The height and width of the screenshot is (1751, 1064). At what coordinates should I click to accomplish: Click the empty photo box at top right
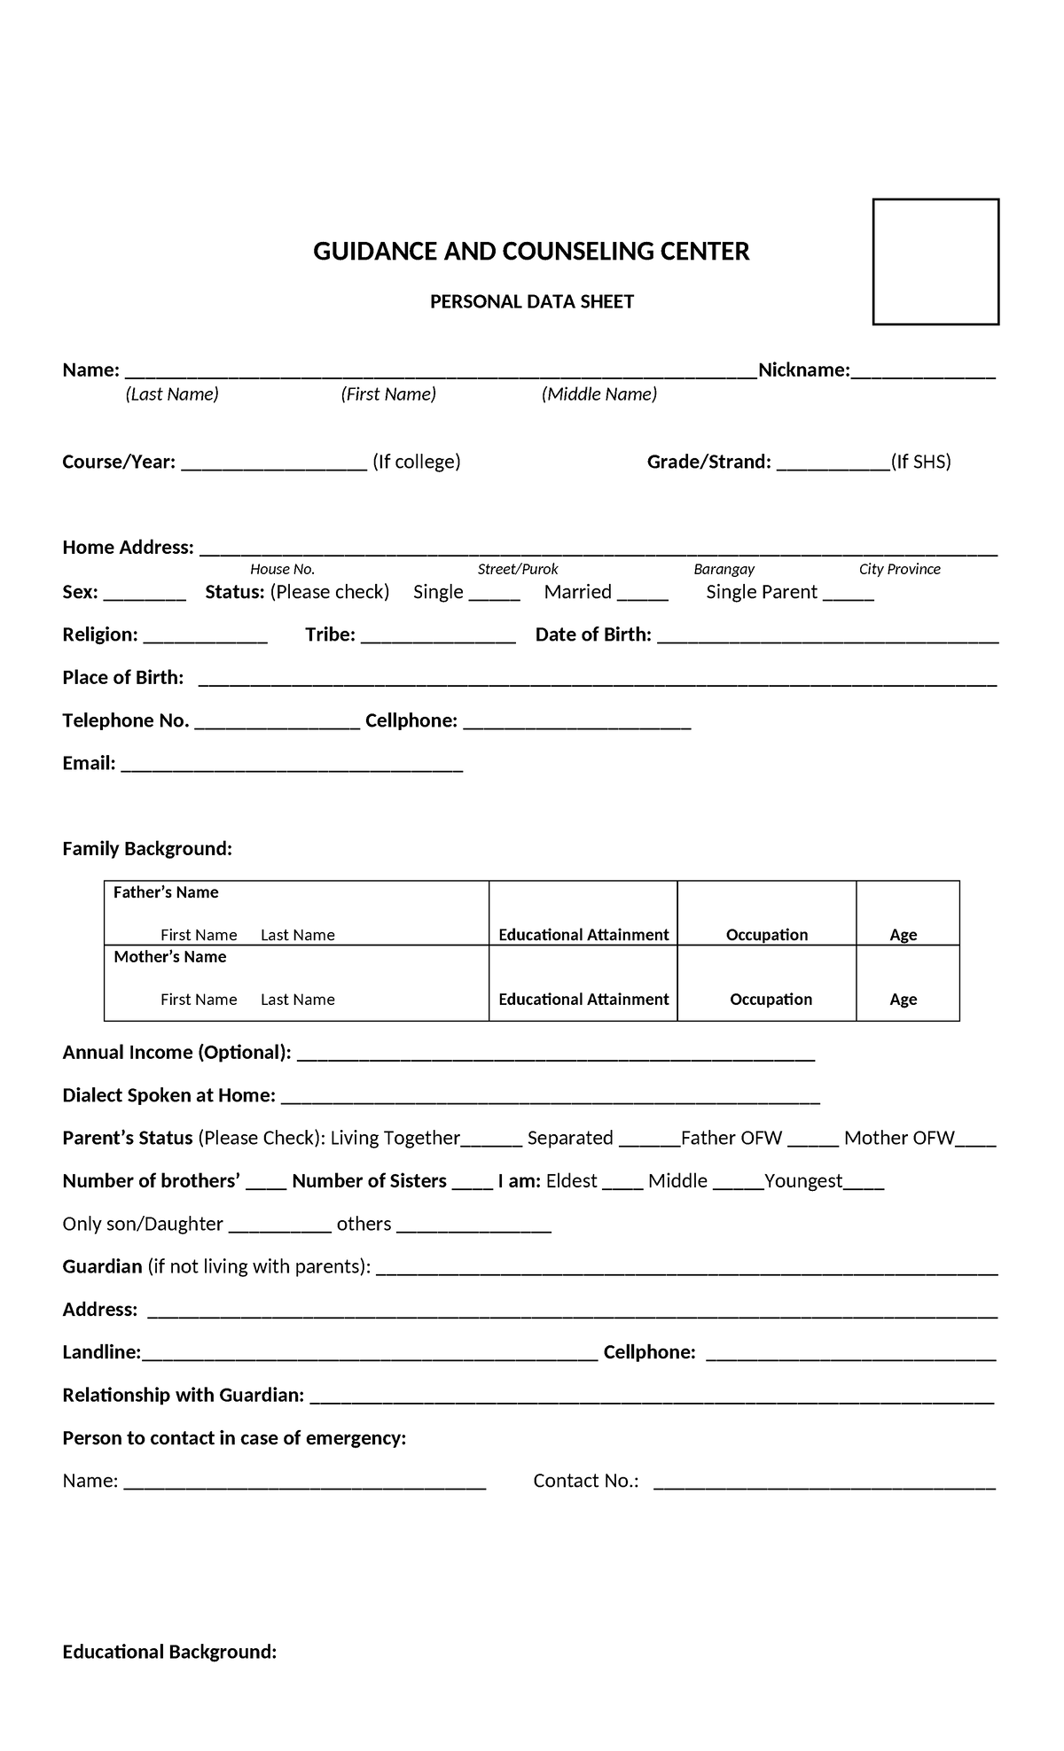pos(935,261)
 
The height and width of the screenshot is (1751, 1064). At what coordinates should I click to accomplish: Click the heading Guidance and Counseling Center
pos(531,252)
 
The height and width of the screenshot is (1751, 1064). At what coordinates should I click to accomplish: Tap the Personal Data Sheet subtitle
pos(531,302)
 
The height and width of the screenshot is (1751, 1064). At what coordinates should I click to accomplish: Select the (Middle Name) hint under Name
pos(599,394)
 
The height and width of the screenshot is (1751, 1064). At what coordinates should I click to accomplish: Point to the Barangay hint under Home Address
pos(724,569)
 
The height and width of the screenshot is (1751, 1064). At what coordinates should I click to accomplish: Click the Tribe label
pos(330,634)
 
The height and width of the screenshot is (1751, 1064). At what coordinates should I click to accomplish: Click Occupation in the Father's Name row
pos(767,935)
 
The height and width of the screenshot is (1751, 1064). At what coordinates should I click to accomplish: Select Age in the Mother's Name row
pos(903,1000)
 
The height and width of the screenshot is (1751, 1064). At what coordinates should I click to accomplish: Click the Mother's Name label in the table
pos(169,957)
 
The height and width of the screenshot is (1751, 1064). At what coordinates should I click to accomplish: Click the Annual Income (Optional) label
pos(176,1053)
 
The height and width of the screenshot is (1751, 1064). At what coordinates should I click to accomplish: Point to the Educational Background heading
pos(169,1652)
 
